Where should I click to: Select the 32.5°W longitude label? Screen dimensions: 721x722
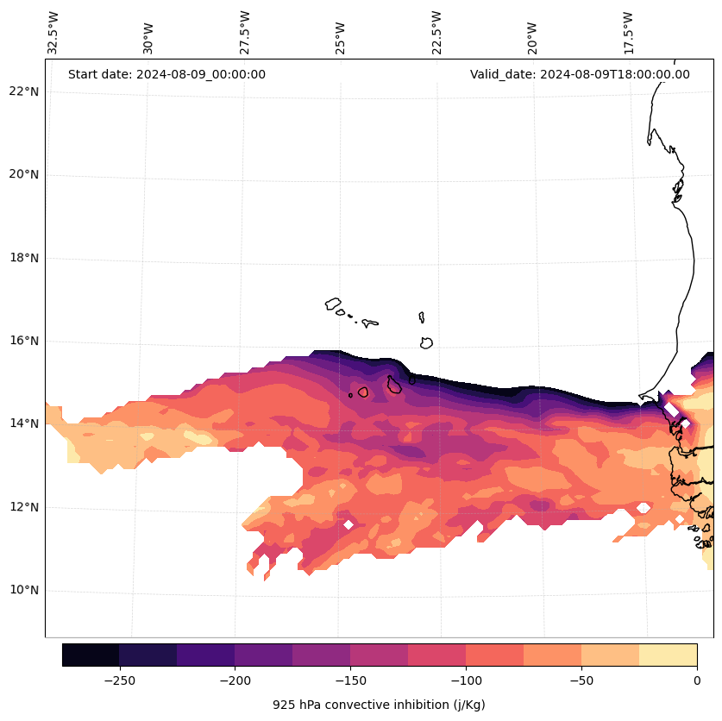[53, 33]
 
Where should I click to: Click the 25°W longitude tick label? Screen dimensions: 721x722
[341, 33]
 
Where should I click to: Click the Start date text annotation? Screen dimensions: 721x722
[166, 74]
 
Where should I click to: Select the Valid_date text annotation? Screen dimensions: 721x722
[580, 74]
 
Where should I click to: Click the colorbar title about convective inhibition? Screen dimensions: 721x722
[379, 705]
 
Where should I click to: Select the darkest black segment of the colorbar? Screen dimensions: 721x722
[91, 655]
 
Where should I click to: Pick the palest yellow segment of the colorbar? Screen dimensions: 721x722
[668, 655]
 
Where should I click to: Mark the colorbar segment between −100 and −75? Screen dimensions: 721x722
[494, 655]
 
